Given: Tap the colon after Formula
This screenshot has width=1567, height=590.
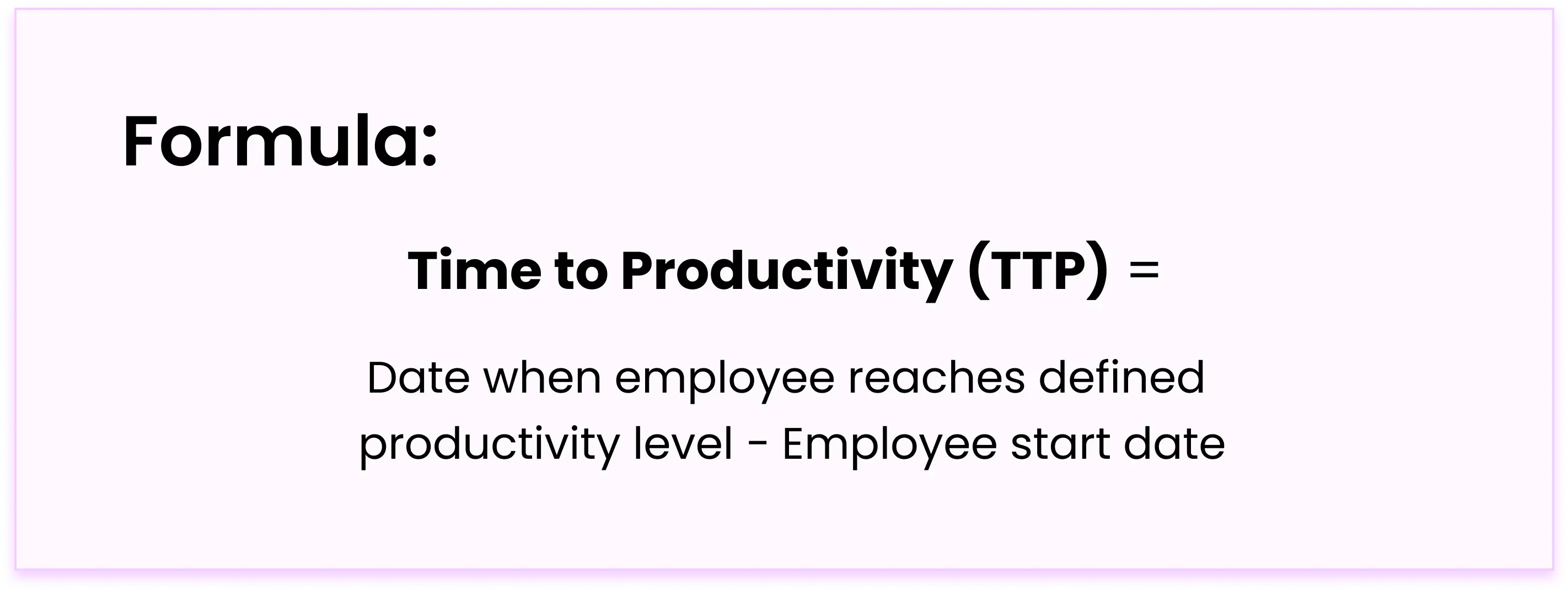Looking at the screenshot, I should click(430, 147).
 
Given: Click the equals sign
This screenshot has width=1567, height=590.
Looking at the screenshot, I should click(1144, 271).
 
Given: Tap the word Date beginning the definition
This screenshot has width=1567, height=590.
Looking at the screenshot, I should click(418, 378).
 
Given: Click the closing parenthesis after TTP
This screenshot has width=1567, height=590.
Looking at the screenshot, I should click(1100, 272).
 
